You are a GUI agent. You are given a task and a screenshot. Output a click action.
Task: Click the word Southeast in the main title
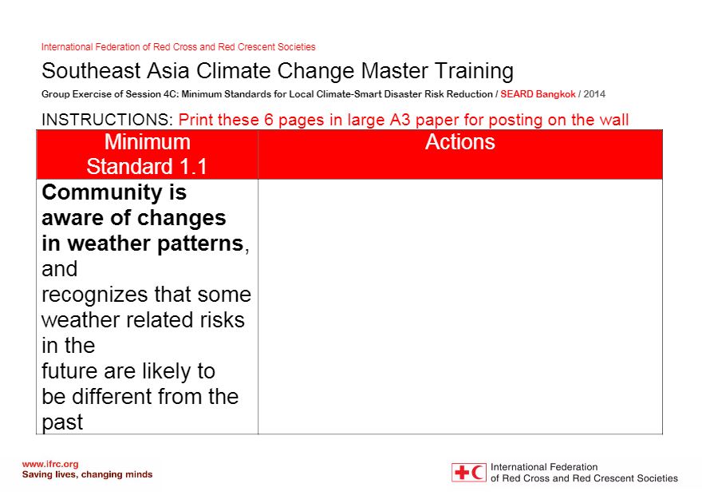pyautogui.click(x=92, y=71)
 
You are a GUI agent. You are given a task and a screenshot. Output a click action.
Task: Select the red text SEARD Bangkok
pyautogui.click(x=538, y=94)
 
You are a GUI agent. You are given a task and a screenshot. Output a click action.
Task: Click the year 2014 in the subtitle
pyautogui.click(x=594, y=94)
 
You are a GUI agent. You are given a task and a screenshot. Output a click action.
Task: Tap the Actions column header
pyautogui.click(x=460, y=142)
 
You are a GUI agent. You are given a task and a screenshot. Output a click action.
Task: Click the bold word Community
pyautogui.click(x=102, y=193)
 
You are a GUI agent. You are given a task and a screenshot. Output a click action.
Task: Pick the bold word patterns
pyautogui.click(x=200, y=244)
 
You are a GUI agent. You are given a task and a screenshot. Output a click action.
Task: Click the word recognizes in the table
pyautogui.click(x=94, y=295)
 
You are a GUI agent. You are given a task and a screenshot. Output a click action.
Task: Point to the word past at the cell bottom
pyautogui.click(x=62, y=422)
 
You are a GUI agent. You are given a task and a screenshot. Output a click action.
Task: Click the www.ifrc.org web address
pyautogui.click(x=50, y=465)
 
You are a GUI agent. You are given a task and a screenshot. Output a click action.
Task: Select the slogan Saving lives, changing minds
pyautogui.click(x=87, y=474)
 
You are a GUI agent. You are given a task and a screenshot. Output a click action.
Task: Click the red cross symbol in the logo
pyautogui.click(x=462, y=473)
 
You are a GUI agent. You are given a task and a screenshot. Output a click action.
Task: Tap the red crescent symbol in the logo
pyautogui.click(x=477, y=473)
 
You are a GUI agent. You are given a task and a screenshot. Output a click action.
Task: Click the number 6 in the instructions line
pyautogui.click(x=269, y=120)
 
